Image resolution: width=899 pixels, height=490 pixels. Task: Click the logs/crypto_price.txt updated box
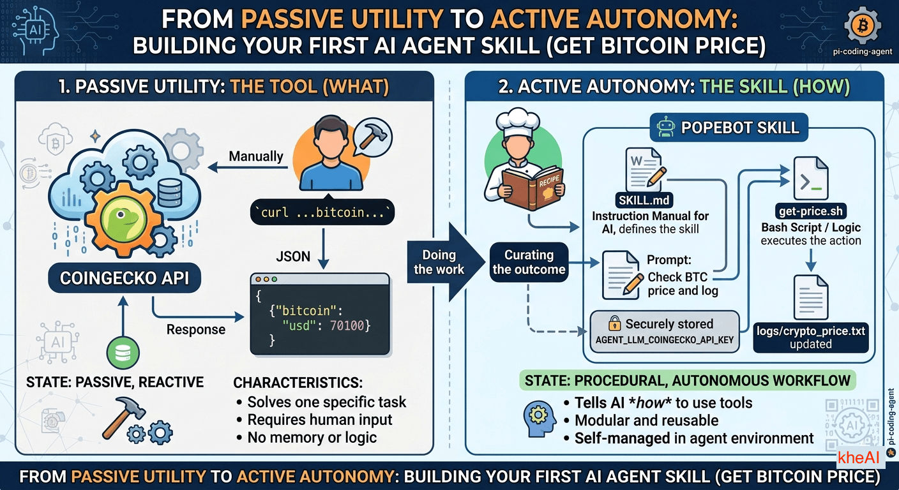(x=811, y=337)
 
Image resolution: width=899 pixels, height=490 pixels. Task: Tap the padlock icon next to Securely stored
(x=615, y=323)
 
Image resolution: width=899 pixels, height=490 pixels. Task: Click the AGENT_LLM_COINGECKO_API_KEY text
(x=665, y=339)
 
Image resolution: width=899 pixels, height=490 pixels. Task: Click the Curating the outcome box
(x=529, y=262)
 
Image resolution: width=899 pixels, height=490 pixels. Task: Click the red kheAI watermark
(x=858, y=457)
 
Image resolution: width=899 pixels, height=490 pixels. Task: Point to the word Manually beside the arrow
(x=256, y=156)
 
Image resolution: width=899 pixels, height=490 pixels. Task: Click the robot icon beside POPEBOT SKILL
(x=664, y=127)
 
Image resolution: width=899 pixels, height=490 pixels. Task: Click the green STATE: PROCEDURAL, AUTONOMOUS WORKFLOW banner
(x=688, y=381)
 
